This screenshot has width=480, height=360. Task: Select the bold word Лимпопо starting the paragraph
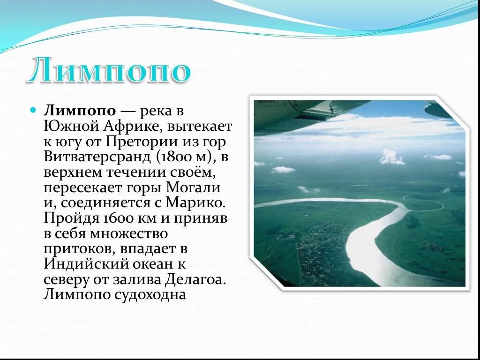(x=80, y=111)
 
